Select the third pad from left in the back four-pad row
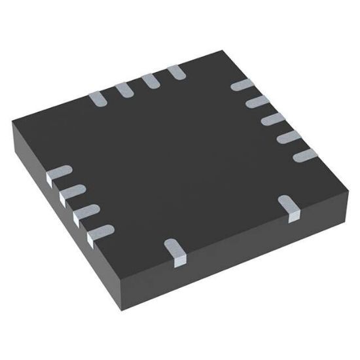click(x=149, y=81)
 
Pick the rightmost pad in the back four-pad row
click(x=175, y=72)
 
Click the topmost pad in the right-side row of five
click(x=241, y=86)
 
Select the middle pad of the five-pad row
click(x=269, y=120)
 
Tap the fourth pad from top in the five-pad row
click(x=285, y=138)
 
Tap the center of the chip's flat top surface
click(x=180, y=154)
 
